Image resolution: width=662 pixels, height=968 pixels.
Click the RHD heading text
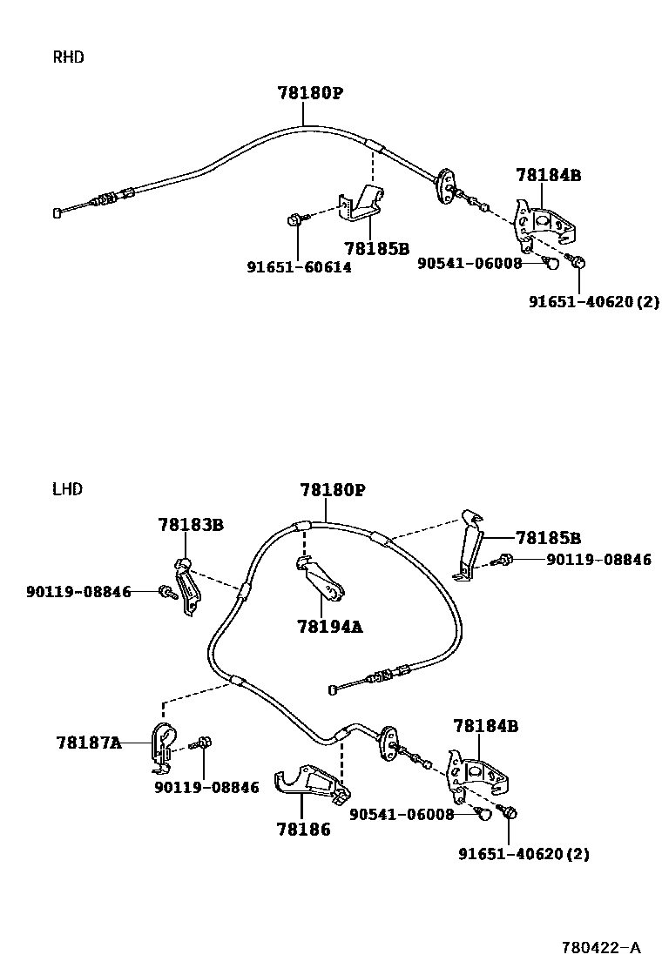click(68, 57)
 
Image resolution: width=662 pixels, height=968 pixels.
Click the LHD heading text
click(67, 489)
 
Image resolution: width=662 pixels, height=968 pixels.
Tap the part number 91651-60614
click(300, 267)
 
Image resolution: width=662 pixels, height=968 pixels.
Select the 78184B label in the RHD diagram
click(549, 175)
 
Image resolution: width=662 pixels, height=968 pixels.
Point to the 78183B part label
click(191, 525)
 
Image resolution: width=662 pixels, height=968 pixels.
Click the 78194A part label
click(330, 627)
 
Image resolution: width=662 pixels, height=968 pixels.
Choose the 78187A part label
click(89, 742)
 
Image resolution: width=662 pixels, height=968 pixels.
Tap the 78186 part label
click(303, 830)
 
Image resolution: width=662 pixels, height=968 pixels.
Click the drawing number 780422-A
click(602, 948)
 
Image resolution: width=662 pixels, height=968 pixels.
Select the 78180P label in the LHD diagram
click(333, 490)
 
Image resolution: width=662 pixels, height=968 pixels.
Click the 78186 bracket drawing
click(313, 784)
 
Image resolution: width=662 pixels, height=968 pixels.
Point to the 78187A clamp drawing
click(164, 747)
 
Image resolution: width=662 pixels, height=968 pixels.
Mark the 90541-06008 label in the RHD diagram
click(470, 264)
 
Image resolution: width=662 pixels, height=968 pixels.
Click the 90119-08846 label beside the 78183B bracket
click(78, 592)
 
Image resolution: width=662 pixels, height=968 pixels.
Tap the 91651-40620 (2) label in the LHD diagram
click(524, 854)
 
